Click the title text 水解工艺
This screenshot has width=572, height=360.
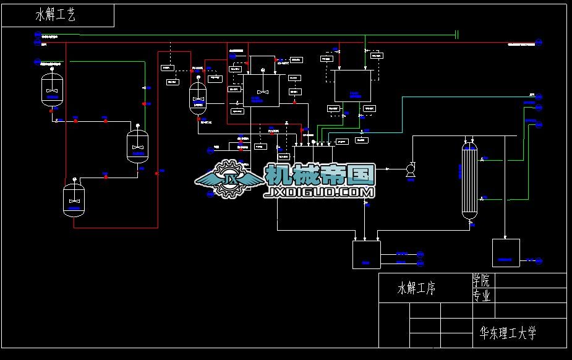(56, 15)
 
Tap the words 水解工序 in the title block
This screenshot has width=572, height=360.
(416, 288)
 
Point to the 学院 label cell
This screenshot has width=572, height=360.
(482, 280)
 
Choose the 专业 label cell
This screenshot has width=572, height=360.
(482, 296)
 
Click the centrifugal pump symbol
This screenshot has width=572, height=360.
(410, 169)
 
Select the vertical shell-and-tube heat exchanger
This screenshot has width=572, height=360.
(470, 179)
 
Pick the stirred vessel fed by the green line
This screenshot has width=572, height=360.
(137, 146)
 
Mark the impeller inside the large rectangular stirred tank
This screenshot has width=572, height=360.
(263, 91)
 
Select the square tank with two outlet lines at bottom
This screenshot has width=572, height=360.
(366, 254)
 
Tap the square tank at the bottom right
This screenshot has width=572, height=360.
(506, 252)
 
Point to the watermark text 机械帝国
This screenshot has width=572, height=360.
(320, 175)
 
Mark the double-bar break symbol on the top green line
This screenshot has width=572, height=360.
(456, 35)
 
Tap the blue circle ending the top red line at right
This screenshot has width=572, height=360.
(539, 43)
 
